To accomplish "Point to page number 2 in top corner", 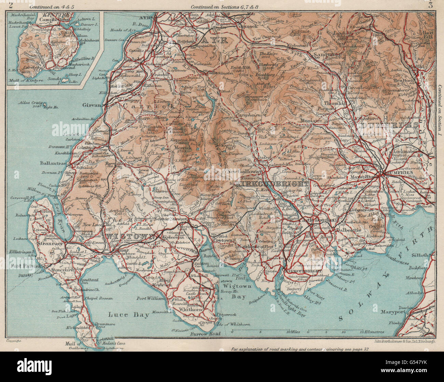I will pyautogui.click(x=12, y=5).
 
